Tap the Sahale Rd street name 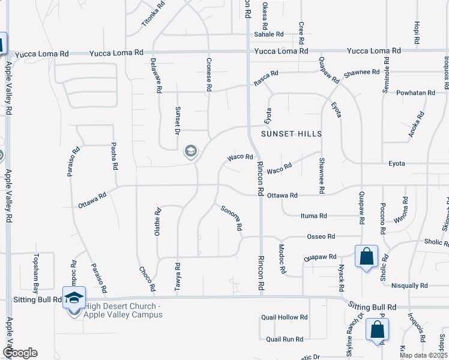(x=268, y=34)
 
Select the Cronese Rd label (x=209, y=74)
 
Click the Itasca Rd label (x=266, y=79)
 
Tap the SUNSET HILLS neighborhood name (x=291, y=133)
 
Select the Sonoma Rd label (x=231, y=218)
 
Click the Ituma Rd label (x=313, y=215)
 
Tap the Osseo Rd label (x=321, y=236)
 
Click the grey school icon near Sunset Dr (x=191, y=151)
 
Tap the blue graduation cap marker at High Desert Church (x=74, y=298)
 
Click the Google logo (x=20, y=353)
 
